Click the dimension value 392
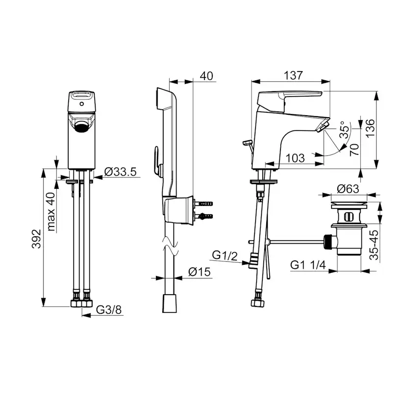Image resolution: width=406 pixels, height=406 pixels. [36, 239]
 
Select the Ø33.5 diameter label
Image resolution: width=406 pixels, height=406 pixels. [120, 172]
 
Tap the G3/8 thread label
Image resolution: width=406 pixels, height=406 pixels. [109, 309]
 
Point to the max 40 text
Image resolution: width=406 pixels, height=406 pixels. [51, 212]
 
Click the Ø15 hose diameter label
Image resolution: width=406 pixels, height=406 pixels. [200, 272]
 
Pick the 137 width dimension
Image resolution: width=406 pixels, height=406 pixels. [293, 76]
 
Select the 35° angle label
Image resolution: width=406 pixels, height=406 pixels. [345, 130]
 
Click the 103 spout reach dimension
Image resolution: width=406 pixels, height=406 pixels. [296, 158]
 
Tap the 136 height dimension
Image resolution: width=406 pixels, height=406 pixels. [370, 128]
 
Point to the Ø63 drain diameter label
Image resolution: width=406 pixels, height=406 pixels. [348, 189]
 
